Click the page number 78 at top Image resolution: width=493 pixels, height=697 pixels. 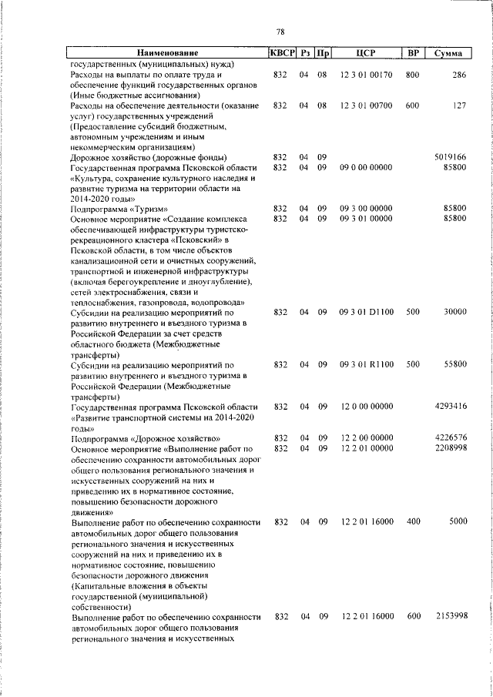[x=280, y=32]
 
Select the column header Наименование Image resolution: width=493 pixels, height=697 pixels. [x=168, y=53]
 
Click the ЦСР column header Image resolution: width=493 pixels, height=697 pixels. [x=366, y=53]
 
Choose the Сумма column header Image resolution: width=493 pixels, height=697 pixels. [x=448, y=53]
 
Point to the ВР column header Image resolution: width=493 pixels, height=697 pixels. [x=413, y=53]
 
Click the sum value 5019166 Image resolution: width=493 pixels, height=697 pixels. [x=451, y=157]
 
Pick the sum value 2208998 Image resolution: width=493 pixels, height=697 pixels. [x=451, y=448]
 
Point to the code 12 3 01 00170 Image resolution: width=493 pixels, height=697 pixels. [x=367, y=75]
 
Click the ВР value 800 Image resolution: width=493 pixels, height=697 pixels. [x=413, y=75]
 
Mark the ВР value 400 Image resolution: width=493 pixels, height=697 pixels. [x=413, y=521]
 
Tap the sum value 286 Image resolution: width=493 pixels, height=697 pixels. [x=460, y=75]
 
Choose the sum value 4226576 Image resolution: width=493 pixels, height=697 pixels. [x=451, y=437]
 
